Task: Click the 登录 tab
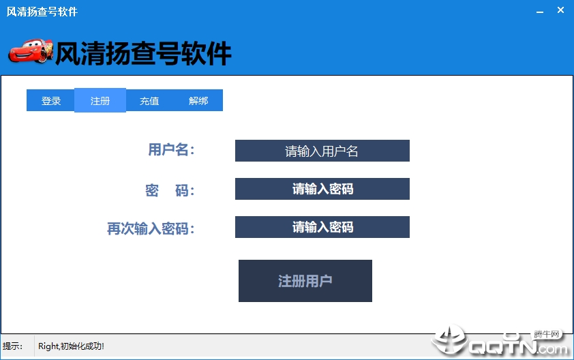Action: tap(51, 100)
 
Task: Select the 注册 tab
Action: tap(100, 100)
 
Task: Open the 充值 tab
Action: tap(149, 100)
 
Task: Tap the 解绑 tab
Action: tap(198, 100)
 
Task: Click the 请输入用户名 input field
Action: tap(322, 151)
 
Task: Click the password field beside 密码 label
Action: tap(322, 189)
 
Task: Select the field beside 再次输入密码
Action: tap(322, 227)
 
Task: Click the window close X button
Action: tap(560, 10)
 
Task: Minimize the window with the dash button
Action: tap(540, 12)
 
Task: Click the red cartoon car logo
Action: tap(31, 50)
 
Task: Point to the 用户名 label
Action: tap(171, 150)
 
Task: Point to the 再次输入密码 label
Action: tap(151, 228)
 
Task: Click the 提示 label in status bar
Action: tap(12, 346)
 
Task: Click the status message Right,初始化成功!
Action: tap(71, 346)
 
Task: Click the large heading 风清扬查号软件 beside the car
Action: tap(143, 53)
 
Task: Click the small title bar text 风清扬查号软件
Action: tap(42, 12)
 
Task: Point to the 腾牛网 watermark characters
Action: tap(547, 334)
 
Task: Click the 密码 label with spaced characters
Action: tap(170, 190)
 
